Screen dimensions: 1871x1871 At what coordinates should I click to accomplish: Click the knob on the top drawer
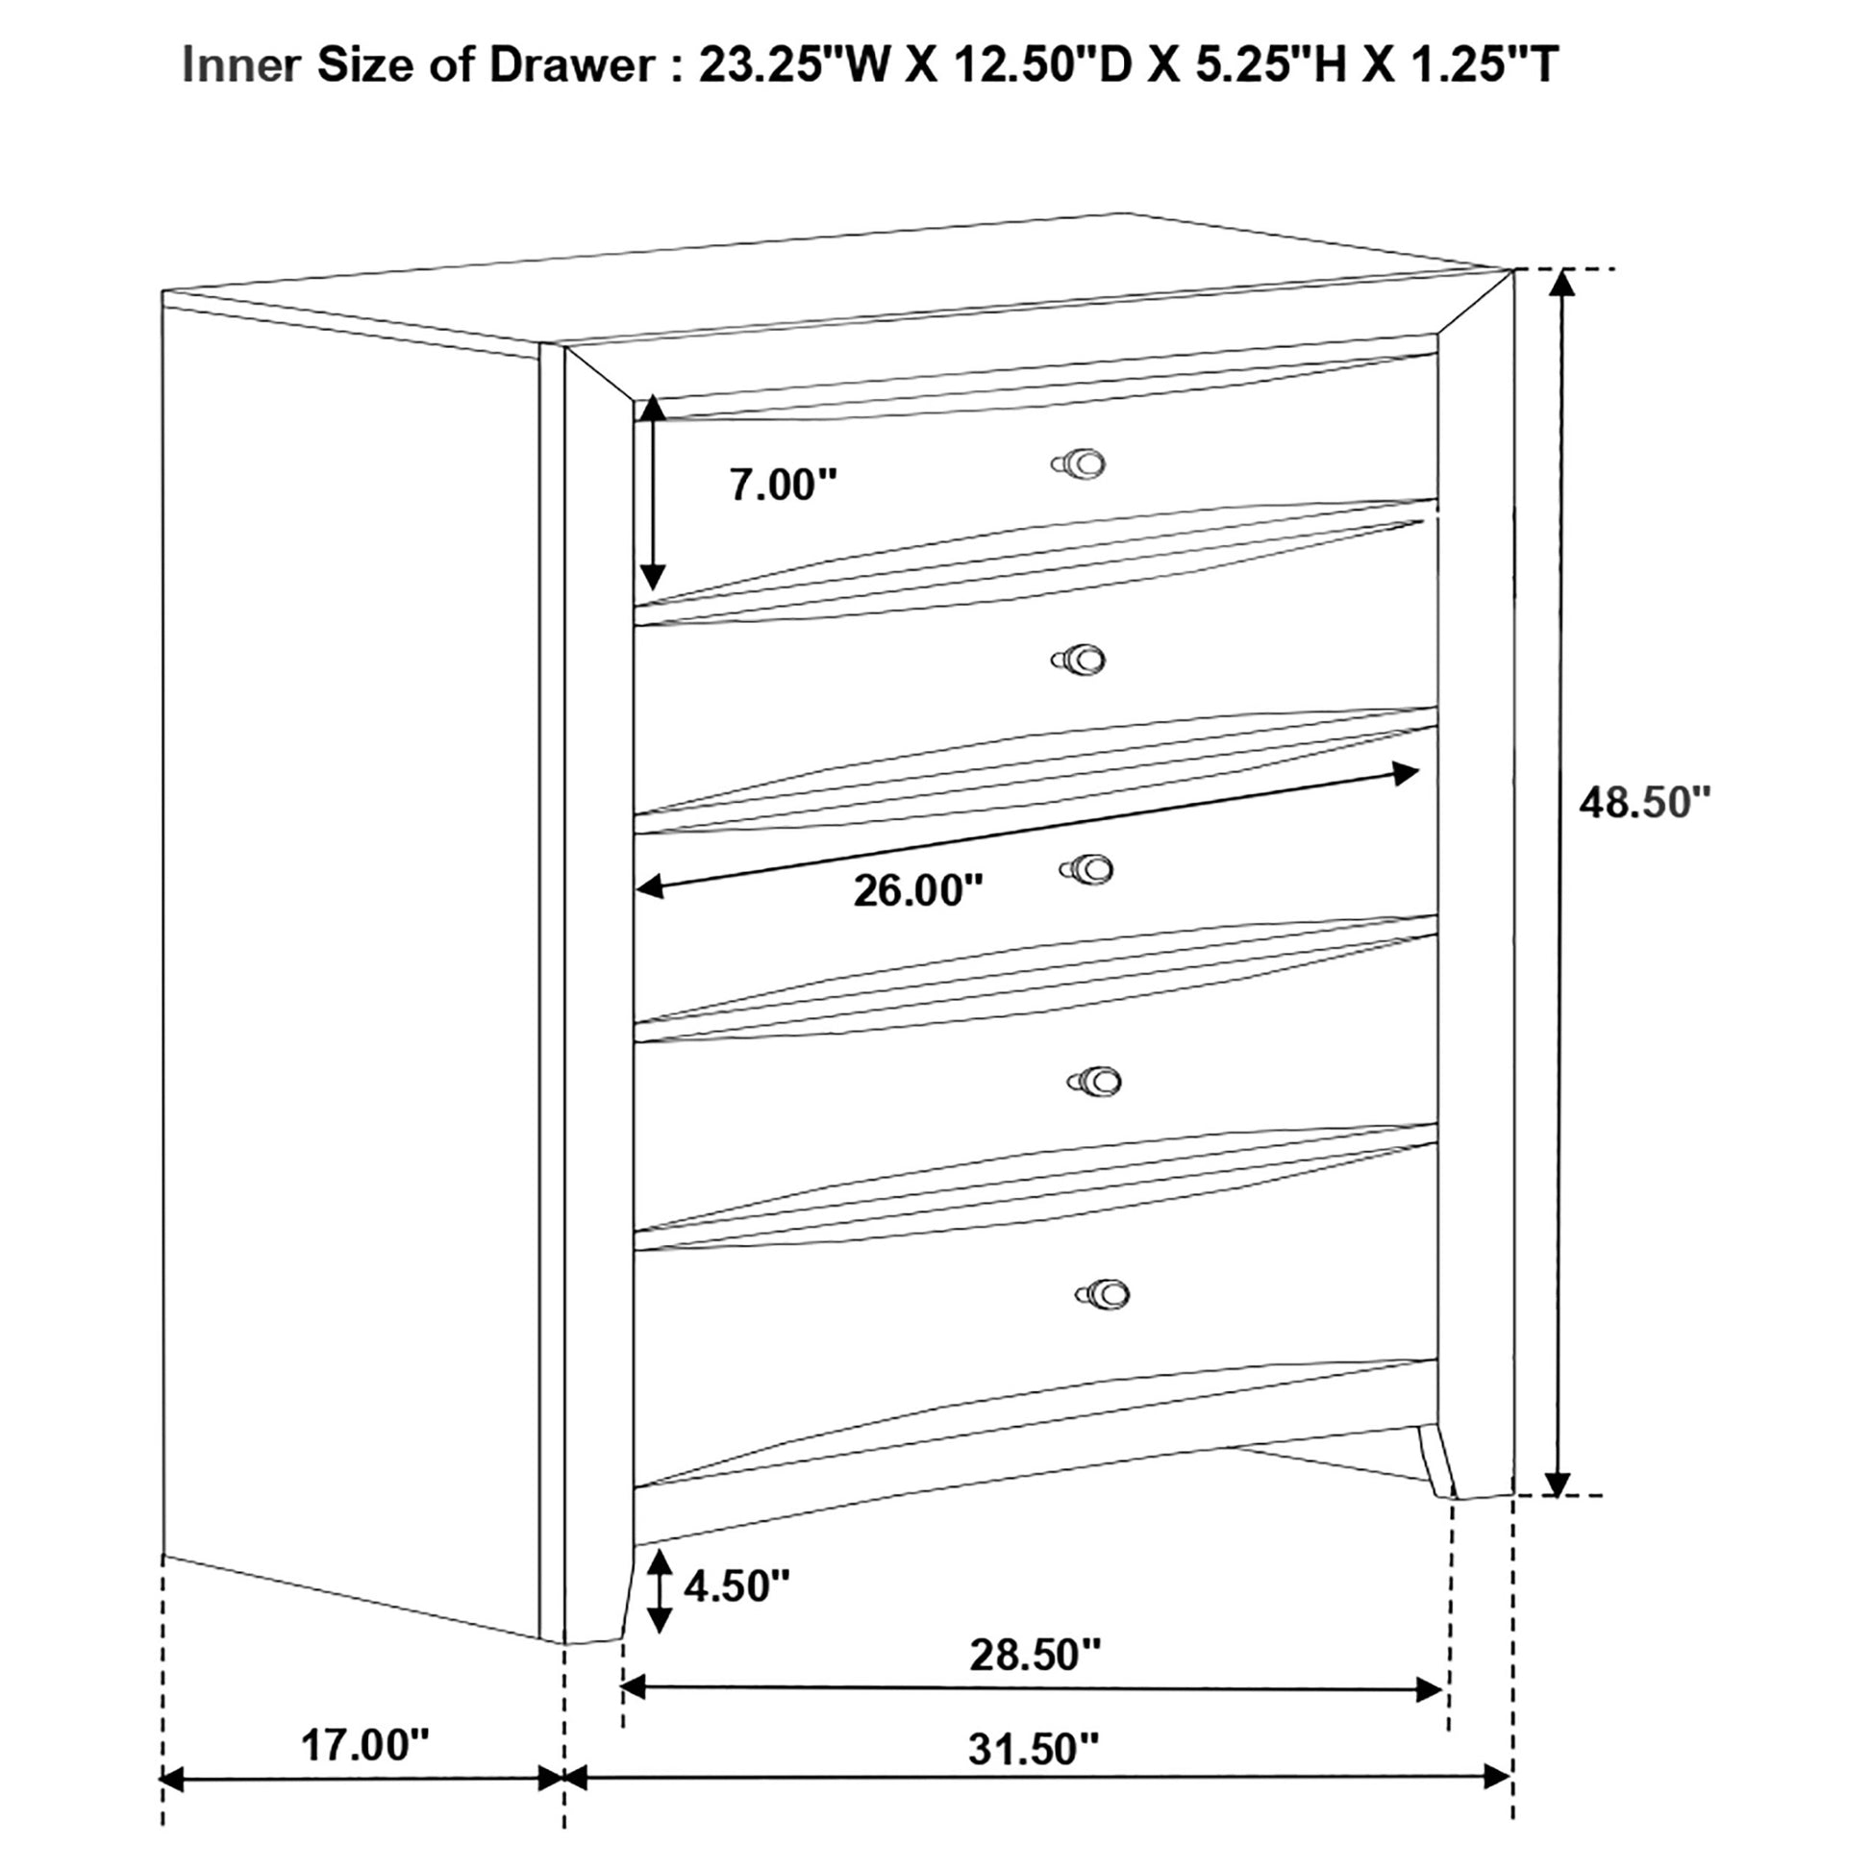click(1078, 463)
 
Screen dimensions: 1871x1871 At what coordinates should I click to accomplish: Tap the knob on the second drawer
click(1078, 661)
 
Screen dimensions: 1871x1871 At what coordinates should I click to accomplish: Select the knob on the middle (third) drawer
click(1086, 871)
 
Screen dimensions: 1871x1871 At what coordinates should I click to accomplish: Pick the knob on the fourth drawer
click(1094, 1081)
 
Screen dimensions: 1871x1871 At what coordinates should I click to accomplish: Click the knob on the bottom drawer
click(1102, 1293)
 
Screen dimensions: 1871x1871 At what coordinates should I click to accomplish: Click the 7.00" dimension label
click(784, 485)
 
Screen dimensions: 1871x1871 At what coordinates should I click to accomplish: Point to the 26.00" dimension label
click(918, 890)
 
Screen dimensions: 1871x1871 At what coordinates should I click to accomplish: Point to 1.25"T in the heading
click(1478, 65)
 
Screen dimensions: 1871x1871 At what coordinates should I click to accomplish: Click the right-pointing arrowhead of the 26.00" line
click(1407, 774)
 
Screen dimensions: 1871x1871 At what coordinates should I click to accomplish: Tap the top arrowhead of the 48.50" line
click(1558, 283)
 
